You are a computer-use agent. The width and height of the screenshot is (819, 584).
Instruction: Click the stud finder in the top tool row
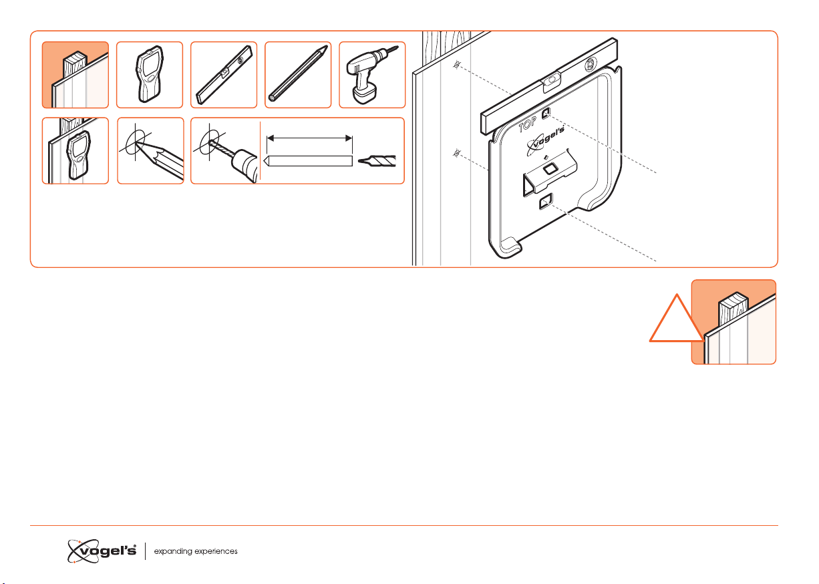(150, 74)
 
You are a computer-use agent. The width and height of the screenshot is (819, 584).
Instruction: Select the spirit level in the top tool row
(224, 75)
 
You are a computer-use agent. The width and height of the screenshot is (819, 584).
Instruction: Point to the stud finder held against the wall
(79, 155)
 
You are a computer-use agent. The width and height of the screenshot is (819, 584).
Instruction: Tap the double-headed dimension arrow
(309, 138)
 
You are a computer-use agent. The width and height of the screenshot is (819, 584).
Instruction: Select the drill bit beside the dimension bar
(377, 160)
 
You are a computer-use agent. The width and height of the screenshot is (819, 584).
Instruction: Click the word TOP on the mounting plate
(527, 125)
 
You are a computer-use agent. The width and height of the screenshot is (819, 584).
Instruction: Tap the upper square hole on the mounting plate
(546, 114)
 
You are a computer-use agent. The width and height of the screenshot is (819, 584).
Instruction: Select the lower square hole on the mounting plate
(546, 202)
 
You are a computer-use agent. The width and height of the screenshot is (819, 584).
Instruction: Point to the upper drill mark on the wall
(457, 65)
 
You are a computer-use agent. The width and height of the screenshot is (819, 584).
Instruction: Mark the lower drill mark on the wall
(457, 153)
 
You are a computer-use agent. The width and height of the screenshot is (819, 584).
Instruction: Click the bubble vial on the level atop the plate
(551, 80)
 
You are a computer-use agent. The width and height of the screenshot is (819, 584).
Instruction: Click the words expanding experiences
(196, 551)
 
